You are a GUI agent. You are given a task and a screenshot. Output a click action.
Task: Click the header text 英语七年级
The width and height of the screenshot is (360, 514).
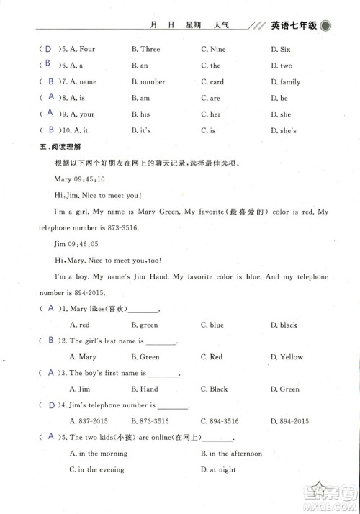click(x=294, y=27)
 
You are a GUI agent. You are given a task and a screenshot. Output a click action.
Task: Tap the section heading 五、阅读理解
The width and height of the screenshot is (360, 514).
click(x=54, y=146)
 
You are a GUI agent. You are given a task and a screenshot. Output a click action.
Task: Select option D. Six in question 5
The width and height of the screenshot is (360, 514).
click(x=280, y=50)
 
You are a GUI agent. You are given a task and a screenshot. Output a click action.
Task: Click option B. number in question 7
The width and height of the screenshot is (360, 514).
click(x=148, y=82)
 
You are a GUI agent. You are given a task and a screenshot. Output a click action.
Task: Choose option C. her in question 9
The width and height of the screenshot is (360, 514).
click(x=210, y=114)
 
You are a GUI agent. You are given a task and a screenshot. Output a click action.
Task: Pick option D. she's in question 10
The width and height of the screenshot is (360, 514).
click(x=282, y=130)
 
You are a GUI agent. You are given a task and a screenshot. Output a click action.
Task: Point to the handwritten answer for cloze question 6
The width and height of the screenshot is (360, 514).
click(x=48, y=65)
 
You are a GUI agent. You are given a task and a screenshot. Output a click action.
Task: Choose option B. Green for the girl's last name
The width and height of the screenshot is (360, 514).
click(x=145, y=357)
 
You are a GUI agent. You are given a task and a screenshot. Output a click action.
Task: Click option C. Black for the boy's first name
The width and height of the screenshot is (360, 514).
click(x=214, y=389)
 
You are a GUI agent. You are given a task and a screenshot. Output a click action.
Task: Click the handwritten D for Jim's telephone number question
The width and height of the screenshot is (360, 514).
click(x=50, y=405)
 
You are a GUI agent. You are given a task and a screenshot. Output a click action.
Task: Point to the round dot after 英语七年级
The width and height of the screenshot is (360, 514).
click(x=326, y=27)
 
